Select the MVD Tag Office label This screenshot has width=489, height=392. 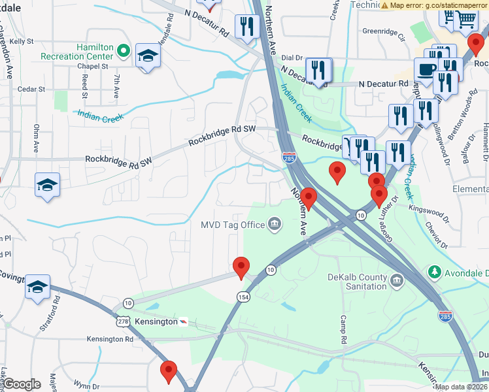[232, 225]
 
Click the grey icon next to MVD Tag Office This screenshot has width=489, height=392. [275, 225]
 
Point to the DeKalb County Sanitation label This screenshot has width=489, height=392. [357, 281]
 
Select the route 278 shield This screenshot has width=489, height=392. [123, 322]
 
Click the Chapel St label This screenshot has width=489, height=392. [92, 66]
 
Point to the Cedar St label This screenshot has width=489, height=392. [31, 89]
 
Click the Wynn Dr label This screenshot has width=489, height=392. [86, 386]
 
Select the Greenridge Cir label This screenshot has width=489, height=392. [384, 30]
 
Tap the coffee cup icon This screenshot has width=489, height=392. [426, 70]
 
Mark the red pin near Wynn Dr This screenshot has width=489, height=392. [169, 372]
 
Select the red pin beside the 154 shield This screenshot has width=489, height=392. [242, 267]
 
